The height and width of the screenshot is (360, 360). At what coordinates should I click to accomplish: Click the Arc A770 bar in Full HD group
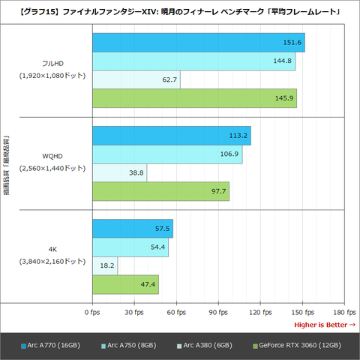pyautogui.click(x=198, y=43)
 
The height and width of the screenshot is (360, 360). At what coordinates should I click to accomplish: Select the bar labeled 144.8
pyautogui.click(x=193, y=61)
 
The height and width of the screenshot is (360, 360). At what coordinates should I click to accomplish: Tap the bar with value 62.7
pyautogui.click(x=136, y=79)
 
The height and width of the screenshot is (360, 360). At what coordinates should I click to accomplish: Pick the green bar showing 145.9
pyautogui.click(x=194, y=97)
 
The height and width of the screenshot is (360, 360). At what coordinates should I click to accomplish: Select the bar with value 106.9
pyautogui.click(x=166, y=154)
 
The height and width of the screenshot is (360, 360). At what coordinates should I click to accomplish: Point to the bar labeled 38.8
pyautogui.click(x=119, y=172)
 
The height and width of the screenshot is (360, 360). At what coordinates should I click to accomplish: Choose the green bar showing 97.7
pyautogui.click(x=160, y=191)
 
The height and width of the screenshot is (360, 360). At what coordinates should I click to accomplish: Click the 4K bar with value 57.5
pyautogui.click(x=132, y=229)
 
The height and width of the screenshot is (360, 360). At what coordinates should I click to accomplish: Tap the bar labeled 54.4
pyautogui.click(x=130, y=247)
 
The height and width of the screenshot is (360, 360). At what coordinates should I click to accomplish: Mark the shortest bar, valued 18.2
pyautogui.click(x=105, y=265)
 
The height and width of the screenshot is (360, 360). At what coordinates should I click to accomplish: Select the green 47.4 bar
pyautogui.click(x=125, y=284)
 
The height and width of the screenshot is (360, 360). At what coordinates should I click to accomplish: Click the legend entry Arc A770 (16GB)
pyautogui.click(x=52, y=345)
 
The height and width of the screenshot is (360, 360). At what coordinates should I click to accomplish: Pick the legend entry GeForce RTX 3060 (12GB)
pyautogui.click(x=300, y=345)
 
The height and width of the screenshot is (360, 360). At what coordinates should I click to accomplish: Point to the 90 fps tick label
pyautogui.click(x=218, y=311)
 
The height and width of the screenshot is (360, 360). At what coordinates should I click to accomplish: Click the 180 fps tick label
pyautogui.click(x=343, y=311)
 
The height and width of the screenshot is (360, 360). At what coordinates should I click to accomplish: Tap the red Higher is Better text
pyautogui.click(x=324, y=324)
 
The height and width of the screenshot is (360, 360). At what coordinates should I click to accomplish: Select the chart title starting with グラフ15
pyautogui.click(x=180, y=11)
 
